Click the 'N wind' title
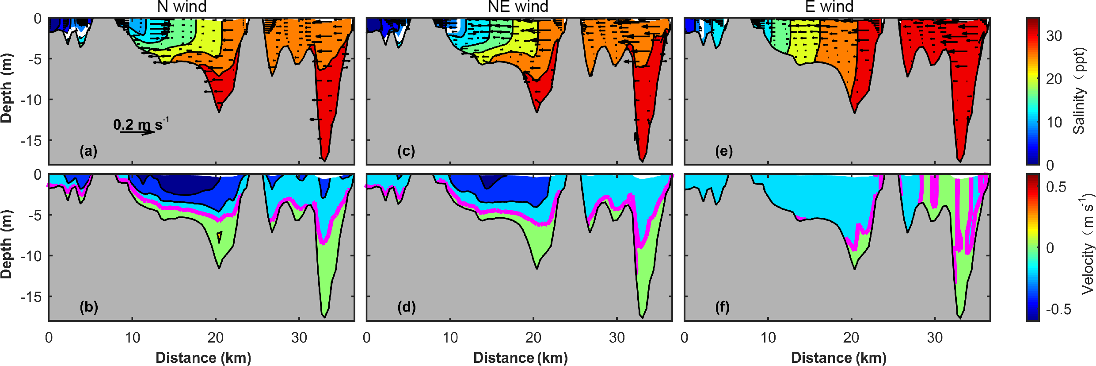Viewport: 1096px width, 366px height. (182, 7)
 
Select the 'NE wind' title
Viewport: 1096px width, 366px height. (518, 7)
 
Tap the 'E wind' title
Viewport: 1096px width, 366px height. (830, 7)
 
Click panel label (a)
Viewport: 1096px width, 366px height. (88, 151)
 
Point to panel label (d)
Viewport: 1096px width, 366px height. (406, 307)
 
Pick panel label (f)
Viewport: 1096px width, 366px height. (723, 307)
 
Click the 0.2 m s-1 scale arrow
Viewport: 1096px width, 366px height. (137, 132)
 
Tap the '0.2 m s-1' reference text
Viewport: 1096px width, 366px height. (141, 124)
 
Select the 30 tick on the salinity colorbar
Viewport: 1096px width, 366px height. (1054, 36)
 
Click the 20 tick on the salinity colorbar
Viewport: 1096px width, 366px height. (1054, 79)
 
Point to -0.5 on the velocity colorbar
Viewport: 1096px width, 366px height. (1058, 309)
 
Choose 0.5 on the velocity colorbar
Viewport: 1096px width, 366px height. (1056, 187)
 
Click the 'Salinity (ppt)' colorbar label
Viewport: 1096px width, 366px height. (1079, 91)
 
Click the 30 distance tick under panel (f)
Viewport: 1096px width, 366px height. (935, 338)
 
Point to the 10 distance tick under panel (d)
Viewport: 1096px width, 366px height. (450, 338)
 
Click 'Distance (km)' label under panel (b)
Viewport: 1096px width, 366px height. (203, 358)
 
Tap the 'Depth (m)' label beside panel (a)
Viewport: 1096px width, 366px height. (7, 89)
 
